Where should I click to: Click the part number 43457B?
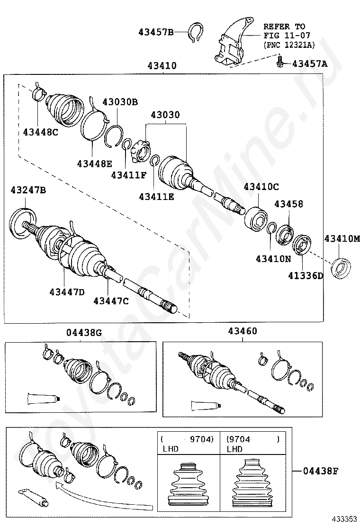coord(156,32)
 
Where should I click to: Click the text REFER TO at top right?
coord(284,27)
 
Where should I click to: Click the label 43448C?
coord(40,132)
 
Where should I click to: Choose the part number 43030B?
coord(120,102)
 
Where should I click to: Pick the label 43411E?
coord(156,196)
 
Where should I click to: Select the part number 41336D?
coord(304,276)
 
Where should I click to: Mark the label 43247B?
coord(28,191)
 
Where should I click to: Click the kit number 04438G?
coord(84,333)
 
